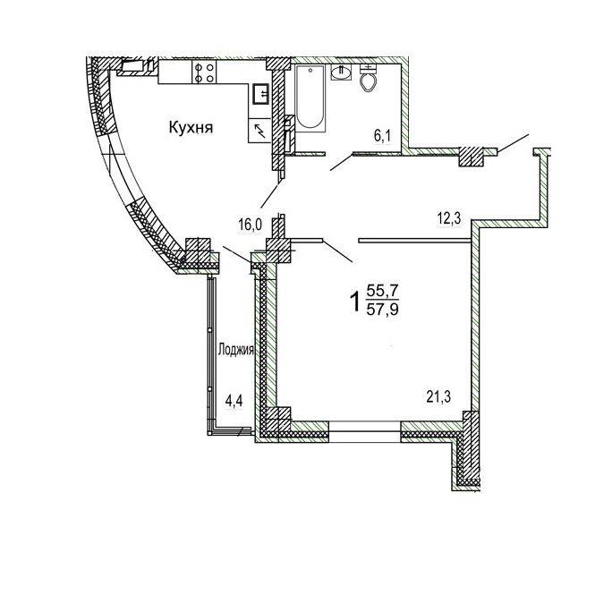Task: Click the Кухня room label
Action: [191, 128]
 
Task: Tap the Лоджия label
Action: [235, 349]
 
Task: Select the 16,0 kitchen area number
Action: [251, 225]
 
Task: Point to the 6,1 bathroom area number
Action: [383, 136]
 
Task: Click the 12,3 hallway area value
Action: [449, 218]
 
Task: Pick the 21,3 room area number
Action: [438, 397]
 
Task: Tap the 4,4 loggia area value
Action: [234, 401]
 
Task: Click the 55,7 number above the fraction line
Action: [382, 291]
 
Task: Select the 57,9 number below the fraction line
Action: [382, 310]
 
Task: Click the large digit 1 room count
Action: [355, 302]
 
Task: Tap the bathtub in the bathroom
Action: [310, 98]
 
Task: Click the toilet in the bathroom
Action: [368, 78]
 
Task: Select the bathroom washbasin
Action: [341, 72]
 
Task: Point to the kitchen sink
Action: [260, 94]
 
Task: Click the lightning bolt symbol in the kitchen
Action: [259, 131]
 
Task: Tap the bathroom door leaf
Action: [342, 162]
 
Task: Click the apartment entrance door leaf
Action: [513, 144]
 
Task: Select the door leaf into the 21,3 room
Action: [338, 251]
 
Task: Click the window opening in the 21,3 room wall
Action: [365, 431]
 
